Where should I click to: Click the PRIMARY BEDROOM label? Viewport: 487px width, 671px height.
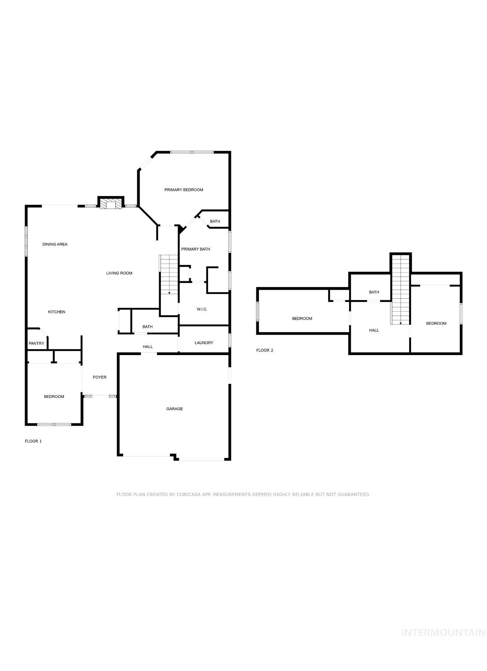(184, 190)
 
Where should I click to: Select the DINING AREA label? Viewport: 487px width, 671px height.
(55, 244)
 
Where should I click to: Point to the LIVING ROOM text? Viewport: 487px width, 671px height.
(119, 273)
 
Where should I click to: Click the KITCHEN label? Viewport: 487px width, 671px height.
(57, 312)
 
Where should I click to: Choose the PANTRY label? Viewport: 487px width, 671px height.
(37, 344)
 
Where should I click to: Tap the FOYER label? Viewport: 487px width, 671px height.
(100, 377)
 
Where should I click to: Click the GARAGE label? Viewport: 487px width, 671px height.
(175, 409)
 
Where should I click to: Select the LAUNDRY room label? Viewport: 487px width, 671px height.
(204, 343)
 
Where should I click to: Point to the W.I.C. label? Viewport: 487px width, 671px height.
(202, 309)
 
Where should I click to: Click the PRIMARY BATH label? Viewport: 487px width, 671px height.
(196, 249)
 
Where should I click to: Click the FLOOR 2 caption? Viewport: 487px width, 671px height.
(265, 350)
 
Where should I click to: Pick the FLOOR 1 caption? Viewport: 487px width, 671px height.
(33, 441)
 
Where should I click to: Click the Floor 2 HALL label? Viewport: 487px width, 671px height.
(374, 330)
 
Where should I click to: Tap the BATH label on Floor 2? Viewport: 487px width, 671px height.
(374, 292)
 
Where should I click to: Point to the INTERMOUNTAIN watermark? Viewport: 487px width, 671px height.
(443, 633)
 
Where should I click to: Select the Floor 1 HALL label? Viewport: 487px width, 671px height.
(148, 347)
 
